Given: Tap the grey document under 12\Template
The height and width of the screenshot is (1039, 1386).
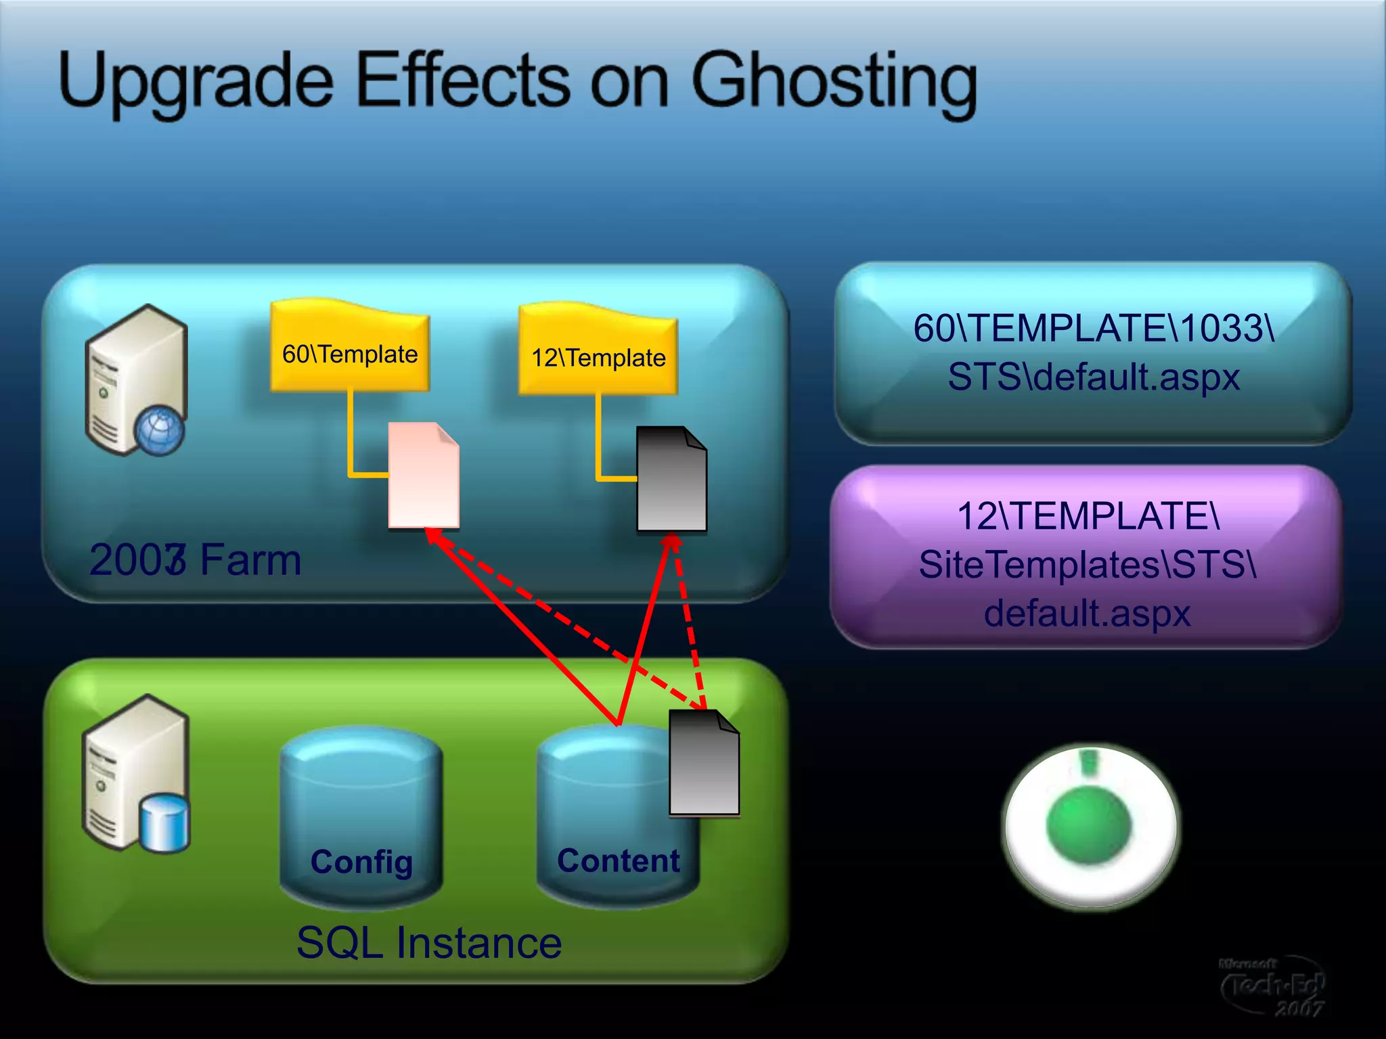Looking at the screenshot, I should pyautogui.click(x=671, y=480).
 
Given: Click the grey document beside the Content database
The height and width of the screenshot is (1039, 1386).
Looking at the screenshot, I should pyautogui.click(x=704, y=764).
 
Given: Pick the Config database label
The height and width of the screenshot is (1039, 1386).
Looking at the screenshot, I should pyautogui.click(x=361, y=862).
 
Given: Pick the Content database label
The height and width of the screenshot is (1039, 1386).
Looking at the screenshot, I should pyautogui.click(x=618, y=860).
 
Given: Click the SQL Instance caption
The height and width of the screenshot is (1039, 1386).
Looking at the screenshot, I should pyautogui.click(x=429, y=942).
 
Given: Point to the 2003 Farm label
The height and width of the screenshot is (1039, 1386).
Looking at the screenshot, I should pyautogui.click(x=195, y=560).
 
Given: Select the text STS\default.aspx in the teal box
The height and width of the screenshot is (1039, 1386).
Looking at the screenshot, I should pyautogui.click(x=1093, y=377).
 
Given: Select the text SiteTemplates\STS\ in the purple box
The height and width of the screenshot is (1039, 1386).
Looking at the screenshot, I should pyautogui.click(x=1088, y=564).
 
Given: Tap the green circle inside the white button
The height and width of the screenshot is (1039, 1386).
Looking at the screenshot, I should pyautogui.click(x=1088, y=824).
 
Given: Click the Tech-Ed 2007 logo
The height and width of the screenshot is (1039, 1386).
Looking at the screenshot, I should pyautogui.click(x=1272, y=986).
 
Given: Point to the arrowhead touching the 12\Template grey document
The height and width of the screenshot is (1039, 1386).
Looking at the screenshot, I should pyautogui.click(x=671, y=540).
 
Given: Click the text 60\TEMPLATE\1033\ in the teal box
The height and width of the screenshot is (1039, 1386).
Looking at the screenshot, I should pyautogui.click(x=1093, y=328).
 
